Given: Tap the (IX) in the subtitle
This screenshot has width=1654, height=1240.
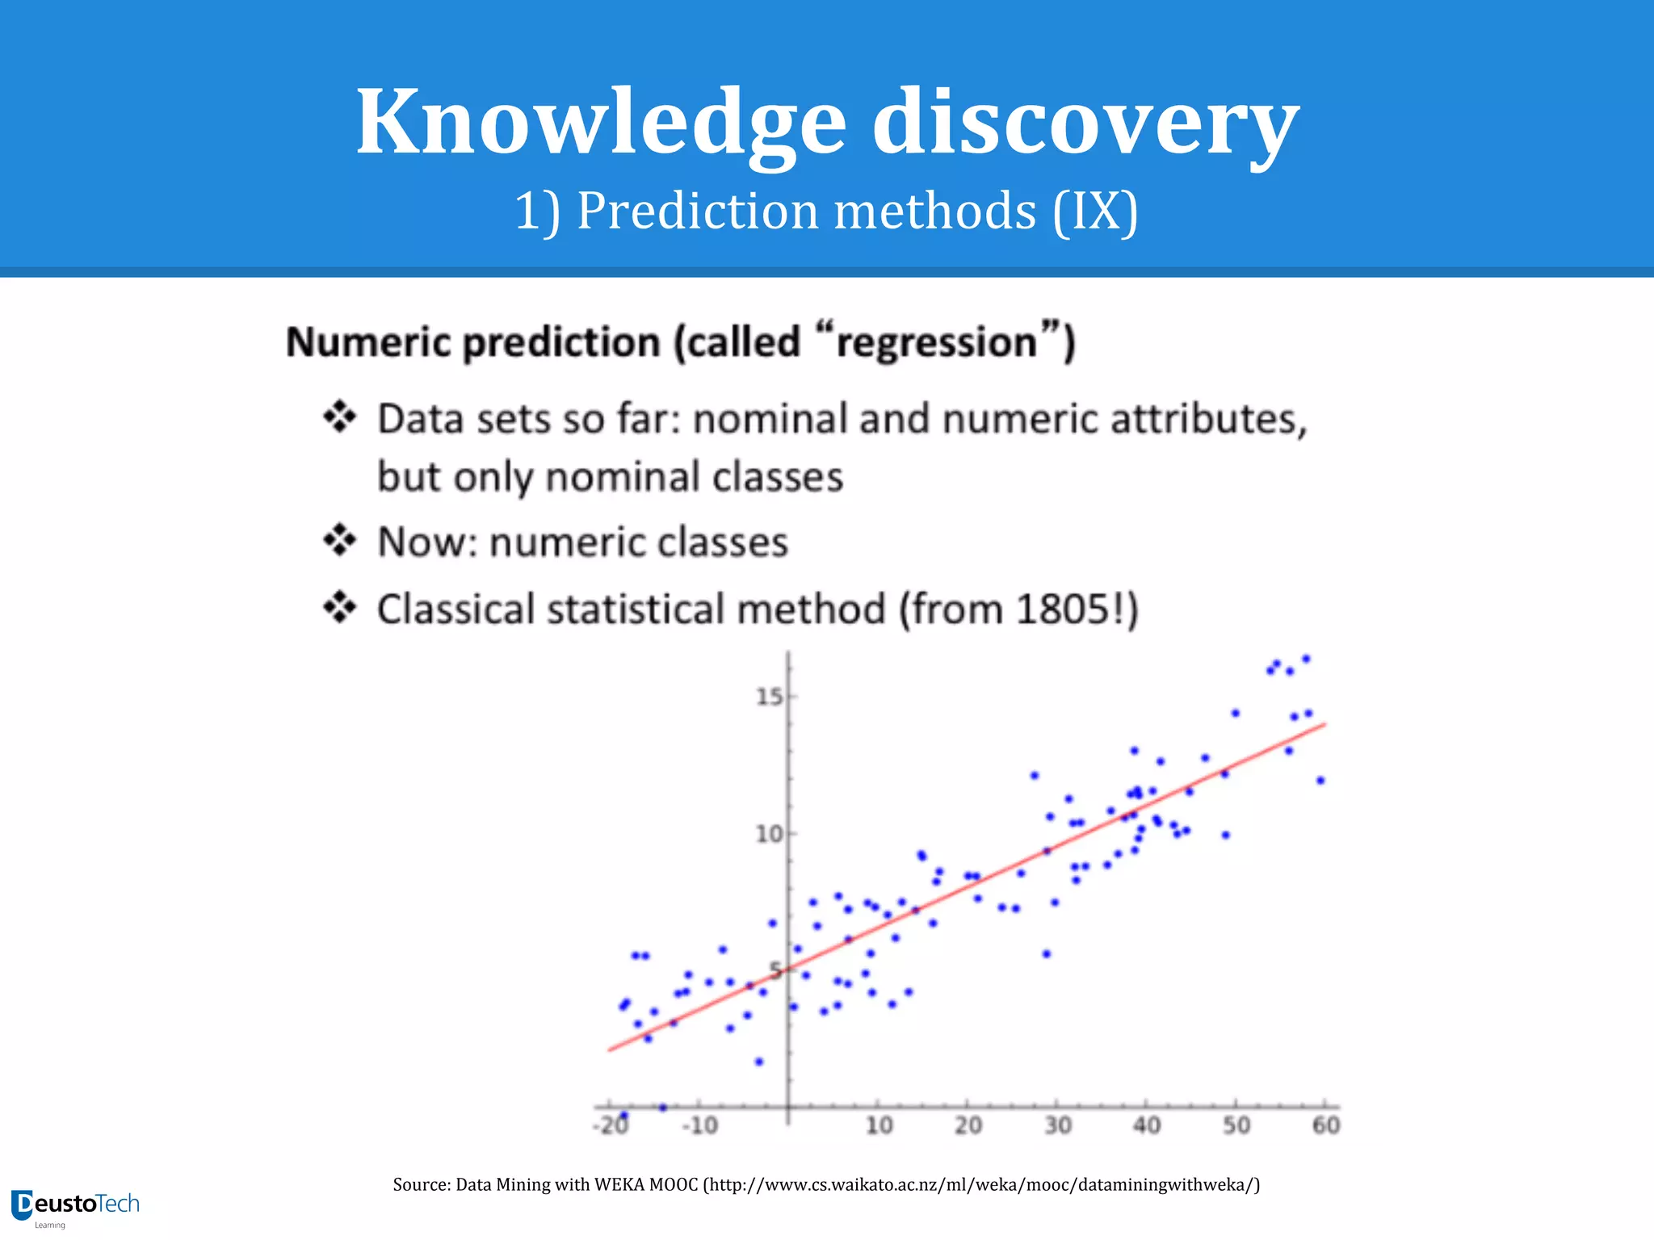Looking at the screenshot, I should (x=1095, y=212).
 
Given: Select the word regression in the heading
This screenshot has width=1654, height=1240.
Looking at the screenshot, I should (x=936, y=342).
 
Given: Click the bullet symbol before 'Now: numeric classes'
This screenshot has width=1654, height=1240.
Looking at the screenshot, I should (x=339, y=541).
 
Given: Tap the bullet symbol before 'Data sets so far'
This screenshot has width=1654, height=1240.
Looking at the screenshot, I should (x=339, y=417).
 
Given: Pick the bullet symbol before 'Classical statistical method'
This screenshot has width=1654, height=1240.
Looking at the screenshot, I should (x=339, y=608).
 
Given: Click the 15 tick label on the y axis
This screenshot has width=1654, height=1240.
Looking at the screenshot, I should (x=769, y=696).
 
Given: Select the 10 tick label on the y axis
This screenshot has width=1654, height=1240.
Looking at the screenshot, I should (x=769, y=833).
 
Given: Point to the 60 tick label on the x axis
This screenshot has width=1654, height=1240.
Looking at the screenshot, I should (x=1325, y=1125).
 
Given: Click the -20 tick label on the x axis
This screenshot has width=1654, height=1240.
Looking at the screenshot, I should (x=611, y=1125).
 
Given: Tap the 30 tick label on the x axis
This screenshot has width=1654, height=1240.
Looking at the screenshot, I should (x=1057, y=1125).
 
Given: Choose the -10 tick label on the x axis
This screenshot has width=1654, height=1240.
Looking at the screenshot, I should (x=699, y=1125).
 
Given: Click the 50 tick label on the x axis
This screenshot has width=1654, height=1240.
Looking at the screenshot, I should (x=1236, y=1125).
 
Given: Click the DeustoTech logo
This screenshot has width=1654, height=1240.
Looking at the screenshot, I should (x=76, y=1206).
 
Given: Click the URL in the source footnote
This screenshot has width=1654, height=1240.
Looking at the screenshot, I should (x=981, y=1185).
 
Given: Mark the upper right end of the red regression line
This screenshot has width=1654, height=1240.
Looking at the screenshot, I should (x=1325, y=725).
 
